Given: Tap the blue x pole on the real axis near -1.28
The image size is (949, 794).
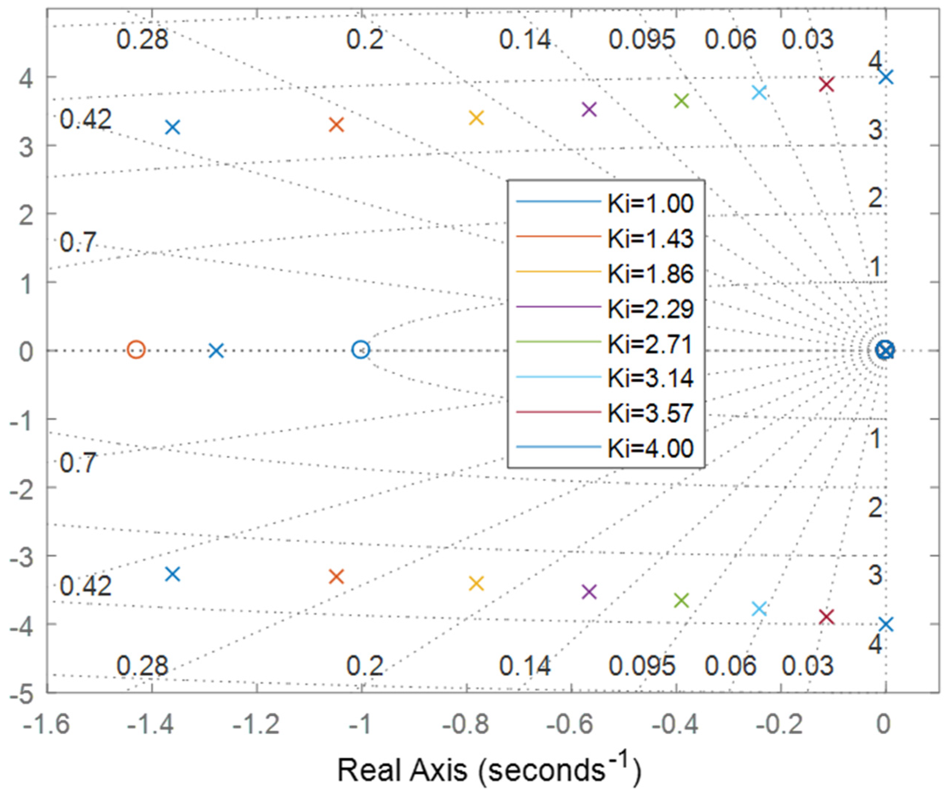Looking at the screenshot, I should click(x=217, y=350).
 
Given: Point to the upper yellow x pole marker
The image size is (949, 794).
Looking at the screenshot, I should click(x=476, y=118).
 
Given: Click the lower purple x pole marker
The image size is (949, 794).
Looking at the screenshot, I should click(x=589, y=591).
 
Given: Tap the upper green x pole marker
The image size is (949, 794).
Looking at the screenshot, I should click(x=681, y=101).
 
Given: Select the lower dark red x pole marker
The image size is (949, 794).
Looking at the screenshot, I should click(x=827, y=616).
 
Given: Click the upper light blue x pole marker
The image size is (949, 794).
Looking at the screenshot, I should click(x=760, y=93).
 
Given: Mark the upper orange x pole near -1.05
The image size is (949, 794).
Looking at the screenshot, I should click(x=336, y=125).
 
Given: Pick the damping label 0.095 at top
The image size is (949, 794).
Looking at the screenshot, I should click(x=642, y=40).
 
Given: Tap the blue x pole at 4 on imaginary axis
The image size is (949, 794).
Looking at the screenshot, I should click(x=886, y=77).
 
